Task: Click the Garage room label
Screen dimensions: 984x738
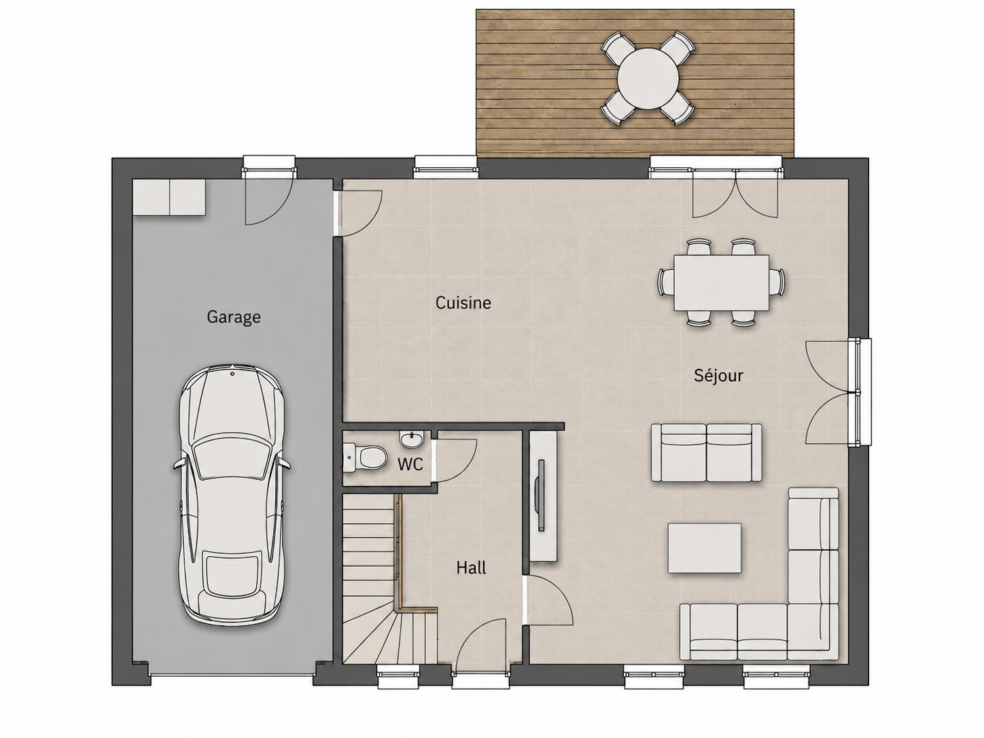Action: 234,317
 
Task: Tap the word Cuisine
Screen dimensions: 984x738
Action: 463,303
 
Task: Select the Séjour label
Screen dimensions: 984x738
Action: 718,375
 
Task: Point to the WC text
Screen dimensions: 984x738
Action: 410,464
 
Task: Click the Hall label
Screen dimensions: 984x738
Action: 471,568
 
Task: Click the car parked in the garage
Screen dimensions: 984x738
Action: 232,493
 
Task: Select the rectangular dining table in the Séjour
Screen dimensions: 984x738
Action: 721,283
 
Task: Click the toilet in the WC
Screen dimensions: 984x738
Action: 366,458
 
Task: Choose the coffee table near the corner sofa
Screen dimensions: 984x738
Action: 704,548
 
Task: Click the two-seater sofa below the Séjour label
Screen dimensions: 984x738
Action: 707,453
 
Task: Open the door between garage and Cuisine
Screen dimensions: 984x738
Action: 359,213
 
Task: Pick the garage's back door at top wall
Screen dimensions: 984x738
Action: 268,197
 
